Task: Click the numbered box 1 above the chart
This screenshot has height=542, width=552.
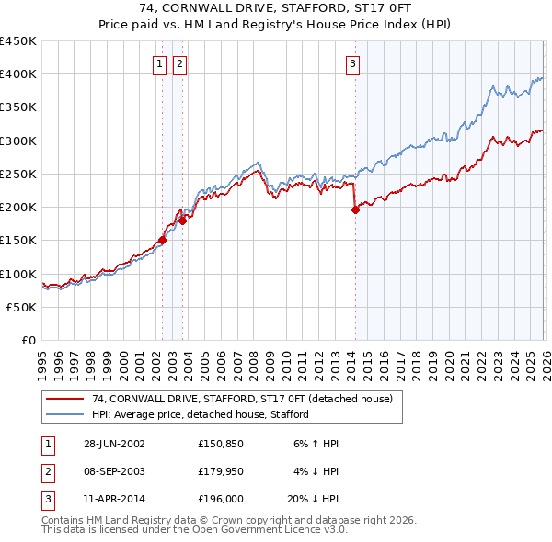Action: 160,63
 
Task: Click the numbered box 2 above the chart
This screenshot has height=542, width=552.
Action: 178,63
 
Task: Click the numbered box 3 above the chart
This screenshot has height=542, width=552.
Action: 353,63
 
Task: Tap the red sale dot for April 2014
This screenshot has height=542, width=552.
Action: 355,209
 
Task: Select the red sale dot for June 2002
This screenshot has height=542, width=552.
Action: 163,240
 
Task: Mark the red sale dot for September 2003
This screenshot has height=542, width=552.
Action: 182,220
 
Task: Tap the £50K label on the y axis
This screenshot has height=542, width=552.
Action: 22,307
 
